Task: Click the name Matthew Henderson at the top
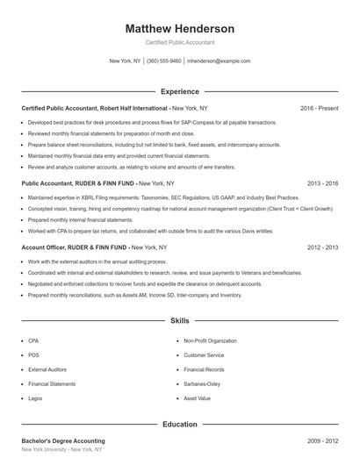(x=180, y=28)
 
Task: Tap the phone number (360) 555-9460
(x=164, y=61)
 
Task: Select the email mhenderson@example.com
(x=220, y=61)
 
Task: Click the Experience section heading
(x=180, y=91)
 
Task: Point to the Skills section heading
(x=180, y=322)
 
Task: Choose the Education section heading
(x=180, y=425)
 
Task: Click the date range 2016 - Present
(x=319, y=108)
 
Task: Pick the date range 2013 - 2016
(x=323, y=183)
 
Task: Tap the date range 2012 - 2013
(x=323, y=247)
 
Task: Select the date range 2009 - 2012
(x=323, y=440)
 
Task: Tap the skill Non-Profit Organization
(x=210, y=340)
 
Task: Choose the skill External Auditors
(x=49, y=369)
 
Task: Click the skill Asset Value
(x=198, y=398)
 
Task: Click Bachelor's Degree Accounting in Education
(x=63, y=440)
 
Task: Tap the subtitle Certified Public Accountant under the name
(x=180, y=42)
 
